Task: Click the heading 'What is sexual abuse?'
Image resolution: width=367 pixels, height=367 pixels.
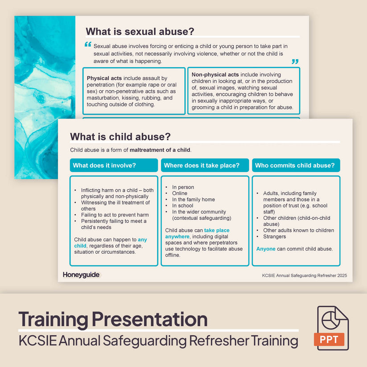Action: (x=140, y=31)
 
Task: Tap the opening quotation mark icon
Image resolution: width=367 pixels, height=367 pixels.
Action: (x=87, y=45)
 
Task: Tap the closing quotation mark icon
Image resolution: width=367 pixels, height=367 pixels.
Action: (x=295, y=62)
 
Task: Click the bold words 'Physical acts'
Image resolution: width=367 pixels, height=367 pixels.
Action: (x=104, y=78)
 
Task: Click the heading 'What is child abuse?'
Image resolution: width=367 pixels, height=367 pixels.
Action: (x=120, y=136)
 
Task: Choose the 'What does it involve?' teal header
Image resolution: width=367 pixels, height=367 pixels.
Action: (x=114, y=165)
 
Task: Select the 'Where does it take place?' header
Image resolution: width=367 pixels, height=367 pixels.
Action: (x=205, y=165)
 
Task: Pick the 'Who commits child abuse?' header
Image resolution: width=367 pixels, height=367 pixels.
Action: (x=296, y=165)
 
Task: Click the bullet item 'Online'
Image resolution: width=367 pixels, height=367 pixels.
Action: (x=180, y=194)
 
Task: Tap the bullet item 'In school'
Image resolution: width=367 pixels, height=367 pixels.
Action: (x=183, y=206)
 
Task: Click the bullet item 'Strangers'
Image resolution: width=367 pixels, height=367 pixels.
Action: (x=275, y=237)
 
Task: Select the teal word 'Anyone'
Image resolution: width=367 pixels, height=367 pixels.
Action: (x=266, y=249)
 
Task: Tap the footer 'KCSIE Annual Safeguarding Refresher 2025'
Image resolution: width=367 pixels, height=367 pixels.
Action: (x=304, y=276)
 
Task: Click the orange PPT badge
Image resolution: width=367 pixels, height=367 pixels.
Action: (x=331, y=339)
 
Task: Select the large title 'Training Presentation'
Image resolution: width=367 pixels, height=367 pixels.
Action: (x=113, y=319)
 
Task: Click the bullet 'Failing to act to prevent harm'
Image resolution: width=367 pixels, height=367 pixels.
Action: (x=115, y=215)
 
